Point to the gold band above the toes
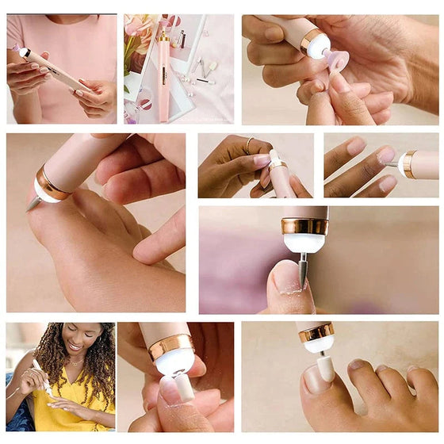316,331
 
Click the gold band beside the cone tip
52,184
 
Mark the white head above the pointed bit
304,241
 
